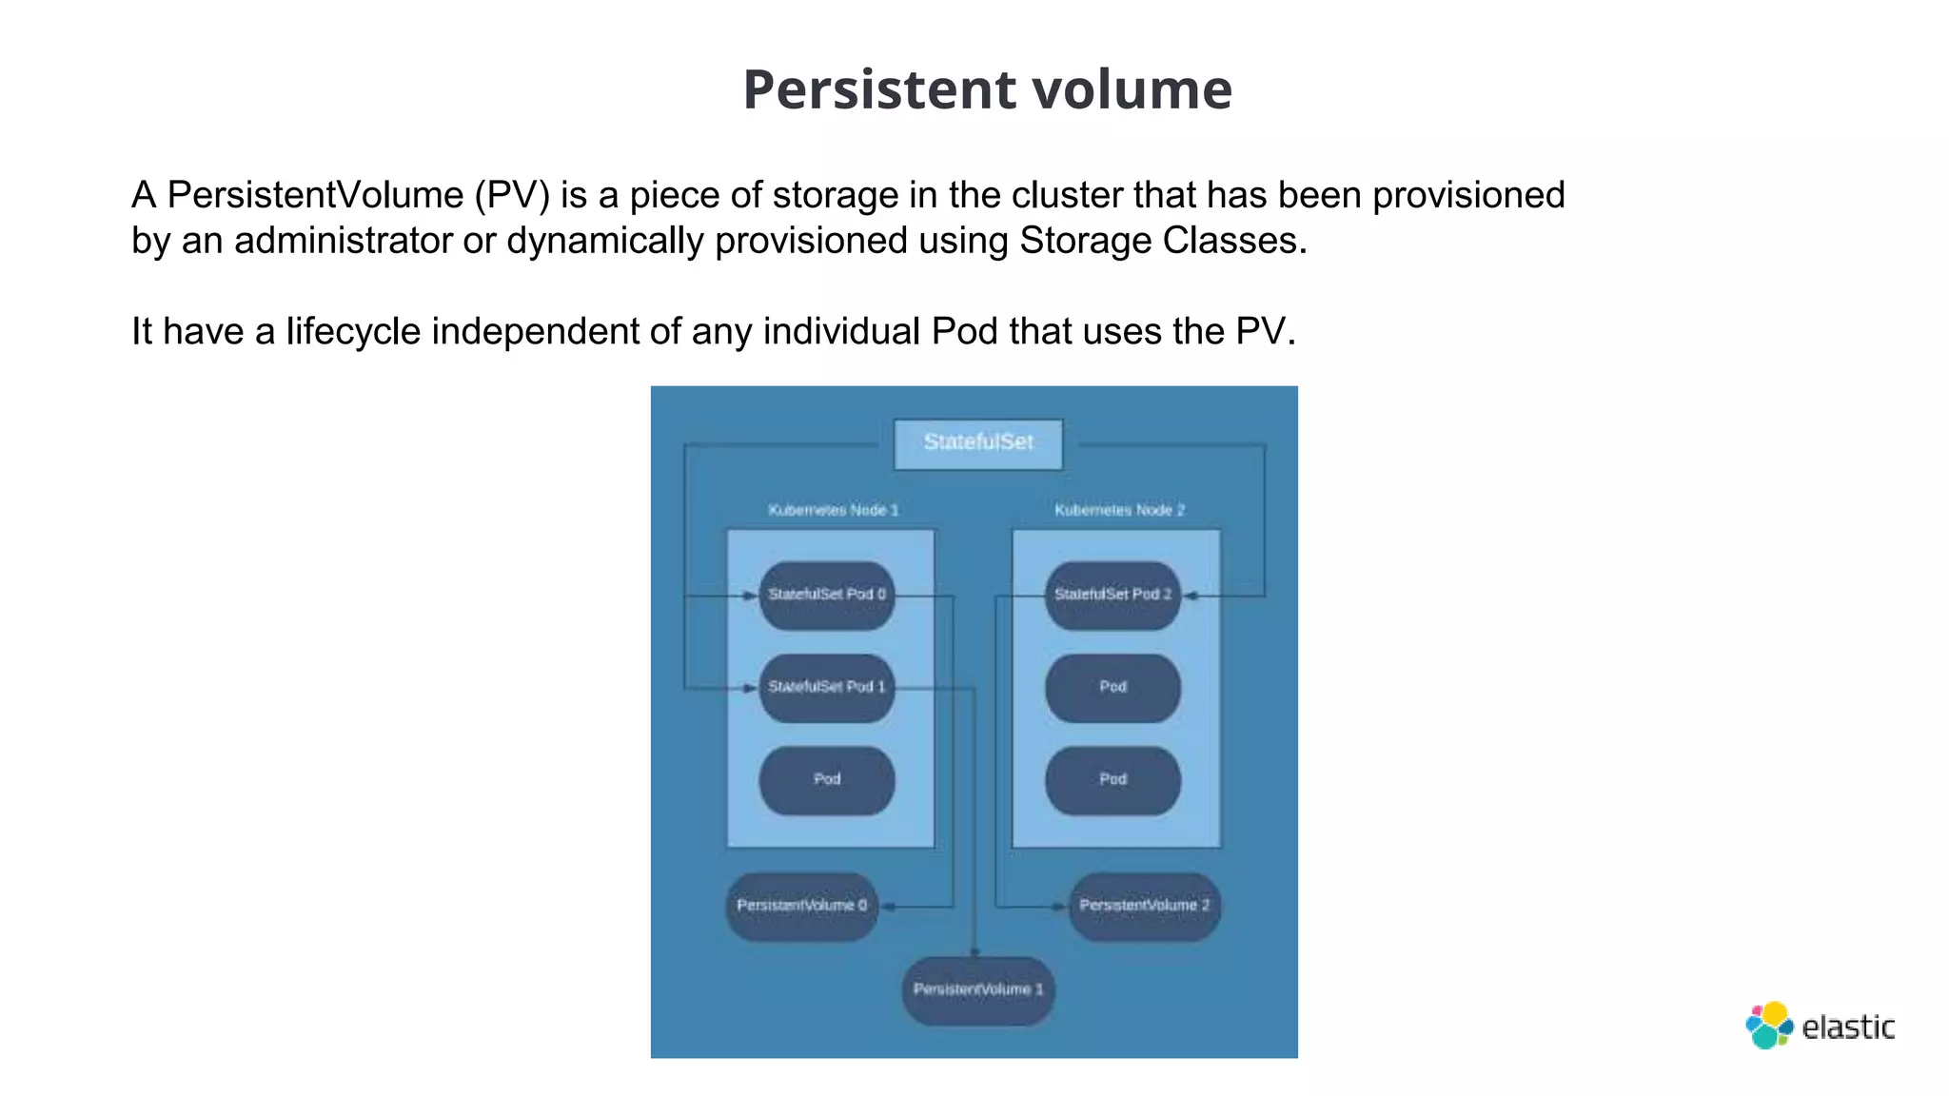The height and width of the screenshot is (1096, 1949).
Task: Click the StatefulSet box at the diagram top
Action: pos(978,443)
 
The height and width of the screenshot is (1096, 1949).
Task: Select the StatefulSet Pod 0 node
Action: pos(826,595)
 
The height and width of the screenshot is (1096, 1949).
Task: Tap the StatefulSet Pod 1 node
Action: pos(826,687)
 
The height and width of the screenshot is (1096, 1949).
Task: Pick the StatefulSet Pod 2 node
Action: pos(1112,595)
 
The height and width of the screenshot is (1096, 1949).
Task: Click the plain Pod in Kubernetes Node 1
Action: pos(826,779)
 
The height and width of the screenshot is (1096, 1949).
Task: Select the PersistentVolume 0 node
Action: pos(801,906)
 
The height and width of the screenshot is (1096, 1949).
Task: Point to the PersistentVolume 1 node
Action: pos(978,989)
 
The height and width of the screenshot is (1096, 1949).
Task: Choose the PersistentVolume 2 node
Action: pos(1144,906)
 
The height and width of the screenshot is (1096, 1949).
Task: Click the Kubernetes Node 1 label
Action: pos(833,510)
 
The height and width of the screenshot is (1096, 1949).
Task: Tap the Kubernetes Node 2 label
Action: pos(1119,510)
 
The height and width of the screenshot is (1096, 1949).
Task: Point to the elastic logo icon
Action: pos(1769,1026)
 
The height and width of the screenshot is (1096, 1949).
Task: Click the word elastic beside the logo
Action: pos(1848,1027)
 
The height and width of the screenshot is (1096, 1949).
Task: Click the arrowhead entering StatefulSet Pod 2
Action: pos(1190,597)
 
